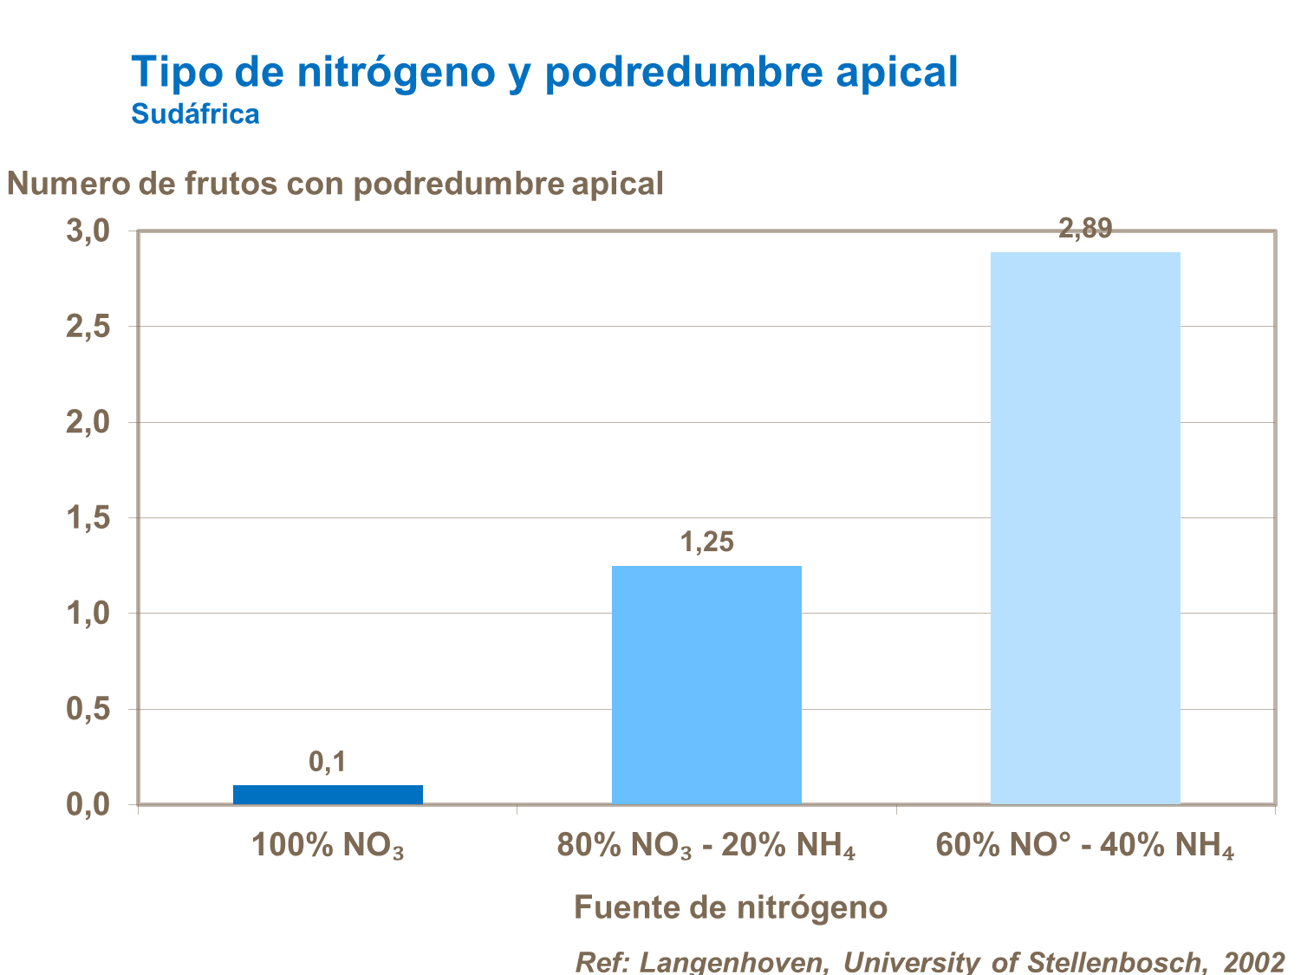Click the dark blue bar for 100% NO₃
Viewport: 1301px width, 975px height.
click(x=328, y=794)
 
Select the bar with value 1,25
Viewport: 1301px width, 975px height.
click(x=706, y=685)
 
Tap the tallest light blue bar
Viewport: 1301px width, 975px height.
click(x=1085, y=528)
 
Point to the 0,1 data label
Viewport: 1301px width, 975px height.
click(x=328, y=762)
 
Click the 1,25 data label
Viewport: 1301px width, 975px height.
click(x=706, y=543)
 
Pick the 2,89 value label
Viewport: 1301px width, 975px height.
click(x=1085, y=229)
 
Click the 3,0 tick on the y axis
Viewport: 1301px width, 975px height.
click(x=88, y=231)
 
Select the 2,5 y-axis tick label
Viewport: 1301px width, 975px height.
click(x=88, y=327)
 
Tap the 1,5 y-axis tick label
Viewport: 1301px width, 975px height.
click(x=88, y=518)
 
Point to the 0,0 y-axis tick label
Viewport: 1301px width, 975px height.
click(x=88, y=805)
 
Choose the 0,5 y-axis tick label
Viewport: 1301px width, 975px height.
click(x=88, y=710)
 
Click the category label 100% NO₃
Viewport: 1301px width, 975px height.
click(x=328, y=846)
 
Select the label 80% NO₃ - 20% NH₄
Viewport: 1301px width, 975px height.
click(x=706, y=846)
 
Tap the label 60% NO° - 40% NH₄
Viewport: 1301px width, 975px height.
click(x=1085, y=846)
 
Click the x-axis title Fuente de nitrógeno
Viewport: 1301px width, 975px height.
click(x=731, y=907)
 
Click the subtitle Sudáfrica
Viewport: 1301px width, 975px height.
click(x=195, y=114)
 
